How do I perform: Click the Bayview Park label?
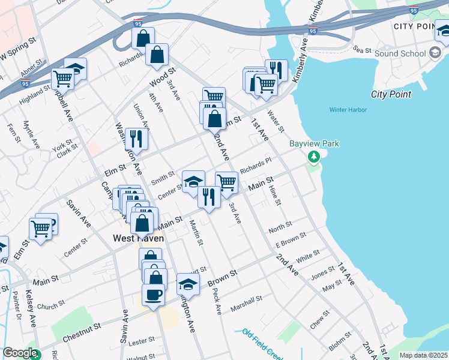click(315, 143)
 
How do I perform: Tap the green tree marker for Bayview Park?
click(313, 157)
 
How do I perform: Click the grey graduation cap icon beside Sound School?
click(434, 53)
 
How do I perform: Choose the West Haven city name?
click(139, 238)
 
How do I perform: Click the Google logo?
click(20, 353)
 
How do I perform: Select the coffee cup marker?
click(152, 295)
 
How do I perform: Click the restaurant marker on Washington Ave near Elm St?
click(136, 139)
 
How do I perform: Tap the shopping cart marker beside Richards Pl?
click(226, 181)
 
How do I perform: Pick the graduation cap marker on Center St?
click(193, 181)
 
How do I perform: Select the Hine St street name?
click(276, 194)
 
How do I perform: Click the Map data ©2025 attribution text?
click(423, 355)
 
